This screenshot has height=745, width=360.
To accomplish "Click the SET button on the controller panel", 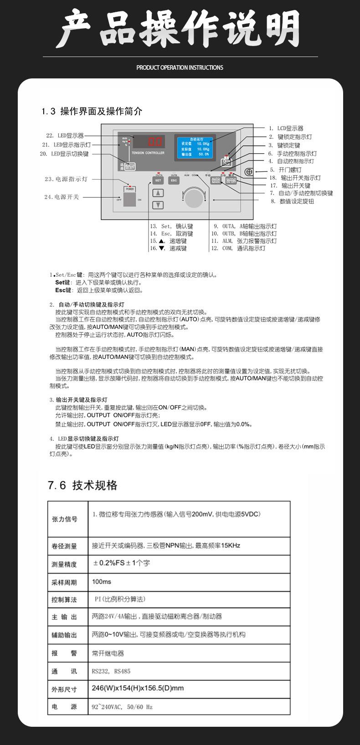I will (x=158, y=180).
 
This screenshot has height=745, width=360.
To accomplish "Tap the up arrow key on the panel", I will (x=158, y=193).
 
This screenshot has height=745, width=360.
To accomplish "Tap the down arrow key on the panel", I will (x=158, y=205).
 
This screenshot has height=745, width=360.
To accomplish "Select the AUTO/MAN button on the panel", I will (x=216, y=180).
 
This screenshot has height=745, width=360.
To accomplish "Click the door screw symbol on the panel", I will (x=248, y=172).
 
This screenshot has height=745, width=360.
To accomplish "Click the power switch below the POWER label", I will (x=130, y=200).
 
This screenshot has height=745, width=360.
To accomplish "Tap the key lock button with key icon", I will (x=227, y=161).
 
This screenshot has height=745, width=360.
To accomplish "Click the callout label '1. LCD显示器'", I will (x=286, y=129).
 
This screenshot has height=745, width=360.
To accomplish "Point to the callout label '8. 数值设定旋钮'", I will (x=292, y=201).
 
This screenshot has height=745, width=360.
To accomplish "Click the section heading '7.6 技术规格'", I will (x=82, y=485).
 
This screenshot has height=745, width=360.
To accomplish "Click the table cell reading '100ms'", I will (x=102, y=582).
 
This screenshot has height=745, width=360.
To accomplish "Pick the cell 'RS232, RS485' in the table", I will (x=111, y=671).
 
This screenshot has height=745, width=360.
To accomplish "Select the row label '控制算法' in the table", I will (x=64, y=600).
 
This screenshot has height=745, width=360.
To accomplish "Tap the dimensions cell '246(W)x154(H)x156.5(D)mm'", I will (x=138, y=688).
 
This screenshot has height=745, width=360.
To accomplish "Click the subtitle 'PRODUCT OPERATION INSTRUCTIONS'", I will (x=180, y=67).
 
